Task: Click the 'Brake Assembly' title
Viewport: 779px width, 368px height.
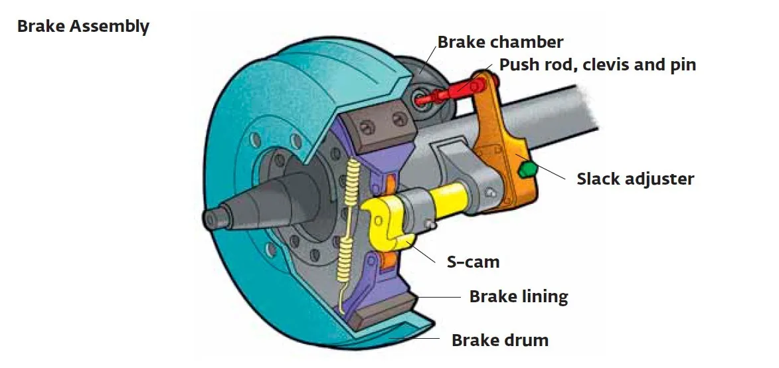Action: point(83,27)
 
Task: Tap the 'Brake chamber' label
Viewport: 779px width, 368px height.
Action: point(499,43)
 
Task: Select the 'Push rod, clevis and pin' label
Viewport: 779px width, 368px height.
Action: point(597,65)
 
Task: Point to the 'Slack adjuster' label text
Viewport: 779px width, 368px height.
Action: point(635,179)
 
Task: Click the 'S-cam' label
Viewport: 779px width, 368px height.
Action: point(472,261)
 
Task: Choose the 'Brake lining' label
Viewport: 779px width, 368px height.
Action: point(519,296)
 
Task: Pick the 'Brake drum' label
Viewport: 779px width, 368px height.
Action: point(500,341)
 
